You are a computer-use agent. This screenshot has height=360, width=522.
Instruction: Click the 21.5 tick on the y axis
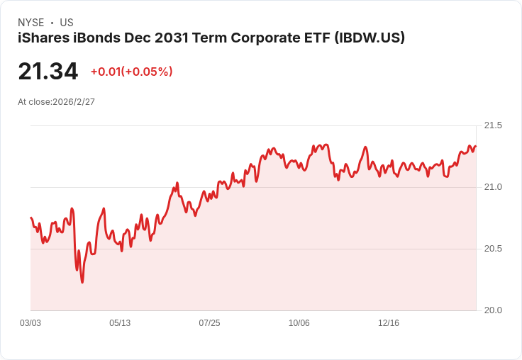tap(492, 125)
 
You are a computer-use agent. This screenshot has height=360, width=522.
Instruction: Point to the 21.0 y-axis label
tap(492, 187)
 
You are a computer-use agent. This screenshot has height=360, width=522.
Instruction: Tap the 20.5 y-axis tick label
tap(492, 249)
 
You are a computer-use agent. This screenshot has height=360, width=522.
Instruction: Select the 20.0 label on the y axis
tap(492, 310)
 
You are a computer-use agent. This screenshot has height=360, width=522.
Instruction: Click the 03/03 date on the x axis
tap(30, 323)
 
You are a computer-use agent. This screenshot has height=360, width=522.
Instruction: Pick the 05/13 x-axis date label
tap(120, 323)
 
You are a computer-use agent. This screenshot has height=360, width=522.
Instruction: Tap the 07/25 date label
tap(209, 323)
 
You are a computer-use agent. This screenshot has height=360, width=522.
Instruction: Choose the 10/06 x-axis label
tap(299, 323)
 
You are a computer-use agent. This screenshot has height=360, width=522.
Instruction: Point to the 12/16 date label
tap(389, 323)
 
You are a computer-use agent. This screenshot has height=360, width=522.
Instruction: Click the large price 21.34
tap(48, 72)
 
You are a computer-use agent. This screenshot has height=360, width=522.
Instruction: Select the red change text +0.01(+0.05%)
tap(131, 72)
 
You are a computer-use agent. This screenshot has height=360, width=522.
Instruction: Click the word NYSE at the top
tap(31, 23)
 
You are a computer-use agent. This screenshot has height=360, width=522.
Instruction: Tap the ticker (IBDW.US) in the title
tap(370, 38)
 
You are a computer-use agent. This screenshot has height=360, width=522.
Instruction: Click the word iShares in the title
tap(42, 38)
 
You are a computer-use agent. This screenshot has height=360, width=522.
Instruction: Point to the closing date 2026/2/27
tap(74, 102)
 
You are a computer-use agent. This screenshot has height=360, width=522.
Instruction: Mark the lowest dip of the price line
tap(82, 282)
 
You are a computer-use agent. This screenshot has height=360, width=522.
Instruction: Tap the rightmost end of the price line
tap(476, 147)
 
